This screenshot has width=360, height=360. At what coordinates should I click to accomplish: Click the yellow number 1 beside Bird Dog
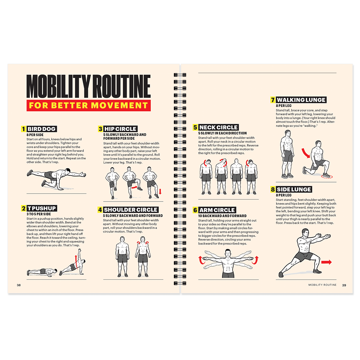click(23, 129)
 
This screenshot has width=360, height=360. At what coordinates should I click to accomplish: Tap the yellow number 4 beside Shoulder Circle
click(100, 210)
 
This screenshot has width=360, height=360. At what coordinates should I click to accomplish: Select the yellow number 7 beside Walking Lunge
click(273, 100)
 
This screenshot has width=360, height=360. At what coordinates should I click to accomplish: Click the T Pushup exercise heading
click(42, 208)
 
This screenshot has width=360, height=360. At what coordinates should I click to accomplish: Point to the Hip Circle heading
click(120, 129)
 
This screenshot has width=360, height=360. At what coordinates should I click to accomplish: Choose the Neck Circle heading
click(218, 127)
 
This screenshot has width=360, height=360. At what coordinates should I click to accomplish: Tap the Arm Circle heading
click(217, 210)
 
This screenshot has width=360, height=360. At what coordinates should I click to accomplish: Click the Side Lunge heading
click(294, 189)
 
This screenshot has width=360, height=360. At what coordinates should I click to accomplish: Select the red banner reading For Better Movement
click(88, 105)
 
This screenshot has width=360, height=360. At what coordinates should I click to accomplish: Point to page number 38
click(19, 285)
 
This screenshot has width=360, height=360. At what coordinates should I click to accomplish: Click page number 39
click(344, 285)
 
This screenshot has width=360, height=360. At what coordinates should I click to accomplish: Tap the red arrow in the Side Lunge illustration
click(327, 262)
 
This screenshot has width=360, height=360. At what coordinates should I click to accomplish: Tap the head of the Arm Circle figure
click(228, 253)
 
